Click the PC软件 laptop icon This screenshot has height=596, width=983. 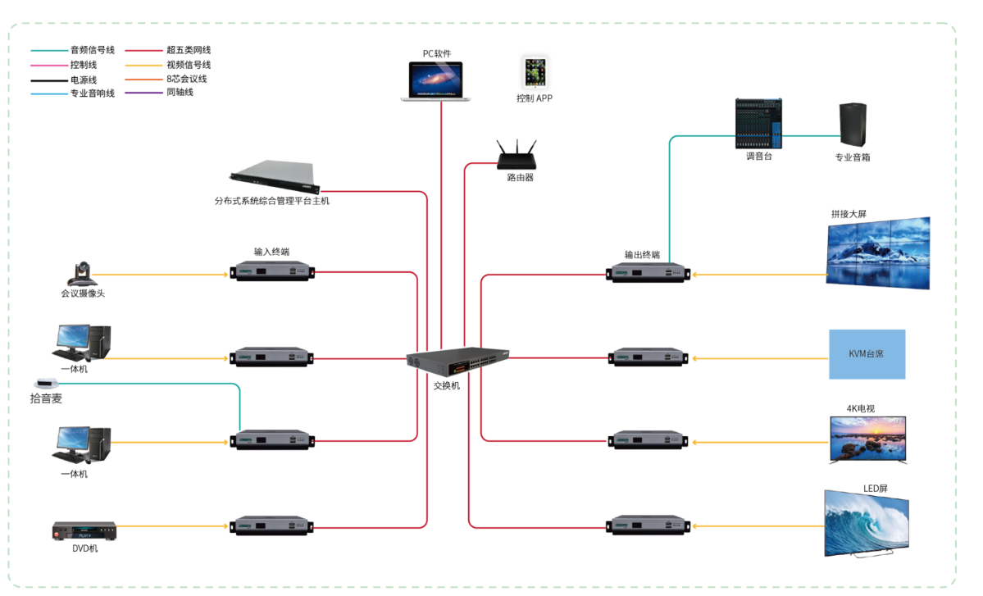436,81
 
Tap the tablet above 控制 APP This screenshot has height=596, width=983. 534,73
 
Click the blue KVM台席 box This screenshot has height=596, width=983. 867,354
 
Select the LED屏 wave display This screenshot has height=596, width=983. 866,525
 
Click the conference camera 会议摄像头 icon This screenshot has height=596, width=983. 83,274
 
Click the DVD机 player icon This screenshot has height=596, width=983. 84,530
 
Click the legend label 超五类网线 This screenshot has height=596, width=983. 189,50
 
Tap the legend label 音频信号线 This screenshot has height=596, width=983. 93,50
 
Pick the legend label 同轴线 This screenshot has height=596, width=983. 180,93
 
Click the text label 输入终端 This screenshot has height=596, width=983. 271,252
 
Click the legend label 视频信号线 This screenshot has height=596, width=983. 189,65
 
